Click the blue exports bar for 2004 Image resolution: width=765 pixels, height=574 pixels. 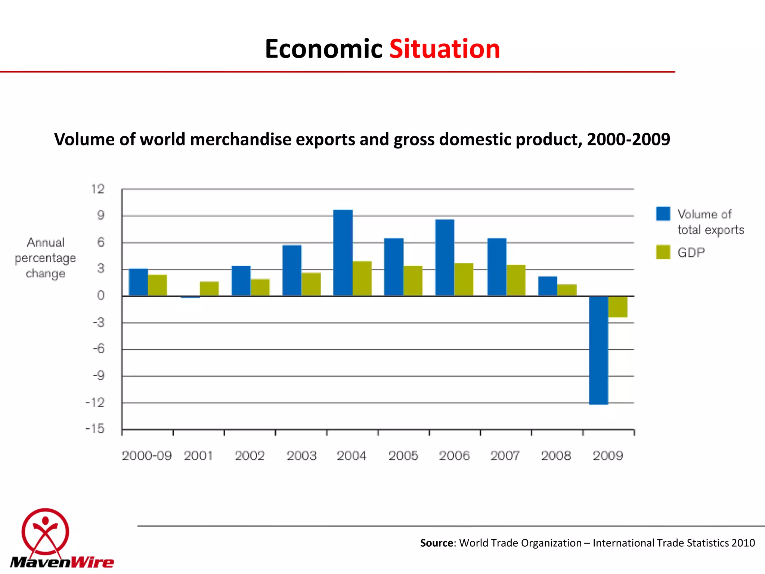[343, 253]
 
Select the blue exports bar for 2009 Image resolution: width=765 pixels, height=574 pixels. [598, 350]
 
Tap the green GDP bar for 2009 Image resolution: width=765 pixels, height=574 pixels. [618, 306]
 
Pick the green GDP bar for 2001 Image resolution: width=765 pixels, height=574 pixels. [209, 288]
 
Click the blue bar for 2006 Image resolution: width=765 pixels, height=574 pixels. [445, 258]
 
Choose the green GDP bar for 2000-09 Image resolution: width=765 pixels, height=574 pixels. [157, 285]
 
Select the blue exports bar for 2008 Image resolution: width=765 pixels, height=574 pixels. [548, 286]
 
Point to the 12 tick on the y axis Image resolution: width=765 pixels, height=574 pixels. [98, 189]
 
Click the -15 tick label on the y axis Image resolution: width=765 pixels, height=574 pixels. [95, 429]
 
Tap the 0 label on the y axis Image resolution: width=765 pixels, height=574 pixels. [101, 296]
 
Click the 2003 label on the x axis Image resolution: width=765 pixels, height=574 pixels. [301, 456]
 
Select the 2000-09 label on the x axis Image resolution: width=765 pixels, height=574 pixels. [146, 456]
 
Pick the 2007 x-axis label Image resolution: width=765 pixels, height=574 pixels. [505, 456]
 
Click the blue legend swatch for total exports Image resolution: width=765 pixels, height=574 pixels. [663, 214]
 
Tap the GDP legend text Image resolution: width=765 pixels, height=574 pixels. [691, 253]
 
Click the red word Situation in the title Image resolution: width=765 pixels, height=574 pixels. [445, 49]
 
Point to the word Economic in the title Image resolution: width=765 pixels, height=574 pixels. [323, 49]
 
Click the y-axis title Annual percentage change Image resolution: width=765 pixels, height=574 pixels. [46, 258]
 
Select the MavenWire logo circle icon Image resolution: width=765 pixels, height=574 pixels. [45, 531]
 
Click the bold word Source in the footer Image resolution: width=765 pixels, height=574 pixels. [436, 543]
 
